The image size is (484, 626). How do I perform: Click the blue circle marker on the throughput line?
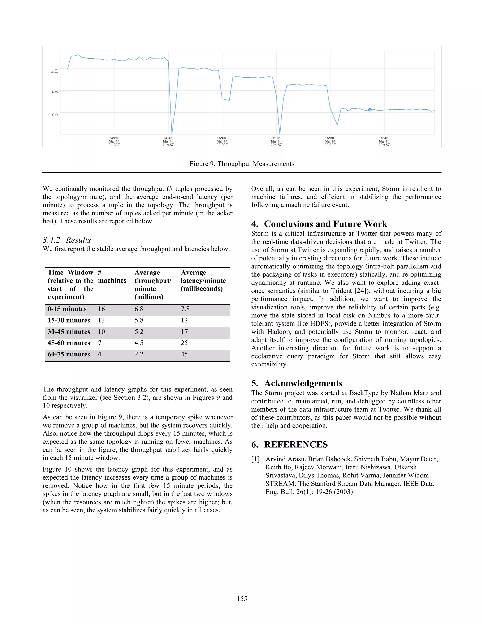click(x=370, y=110)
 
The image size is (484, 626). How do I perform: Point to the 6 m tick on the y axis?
click(x=55, y=70)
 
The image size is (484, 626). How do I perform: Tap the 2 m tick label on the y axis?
click(x=55, y=114)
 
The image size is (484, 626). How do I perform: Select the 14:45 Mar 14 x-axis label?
click(x=168, y=141)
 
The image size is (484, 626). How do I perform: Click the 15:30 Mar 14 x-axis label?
click(x=330, y=141)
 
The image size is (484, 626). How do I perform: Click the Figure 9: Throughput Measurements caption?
click(x=242, y=164)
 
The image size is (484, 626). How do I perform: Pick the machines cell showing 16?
click(x=101, y=309)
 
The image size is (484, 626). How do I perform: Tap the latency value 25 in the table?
click(x=184, y=343)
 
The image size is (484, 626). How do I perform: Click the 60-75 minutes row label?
click(x=69, y=354)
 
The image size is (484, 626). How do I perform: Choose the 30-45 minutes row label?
click(x=69, y=332)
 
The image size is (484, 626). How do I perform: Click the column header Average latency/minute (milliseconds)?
click(x=203, y=281)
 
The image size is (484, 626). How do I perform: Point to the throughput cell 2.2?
click(x=139, y=354)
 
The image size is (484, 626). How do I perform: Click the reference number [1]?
click(x=255, y=459)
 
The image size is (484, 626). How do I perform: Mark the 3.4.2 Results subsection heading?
click(x=67, y=240)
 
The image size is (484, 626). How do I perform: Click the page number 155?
click(x=242, y=599)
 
